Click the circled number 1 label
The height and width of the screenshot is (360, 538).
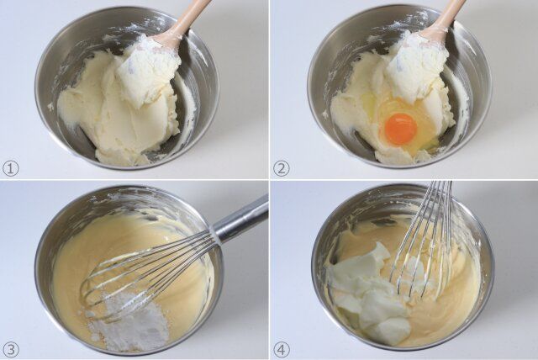point(11,169)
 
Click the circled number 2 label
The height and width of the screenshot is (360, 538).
point(281,169)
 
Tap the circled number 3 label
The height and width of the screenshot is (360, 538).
point(11,350)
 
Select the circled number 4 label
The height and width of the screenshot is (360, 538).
point(281,350)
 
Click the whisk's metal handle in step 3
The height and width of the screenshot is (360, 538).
point(240,218)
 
